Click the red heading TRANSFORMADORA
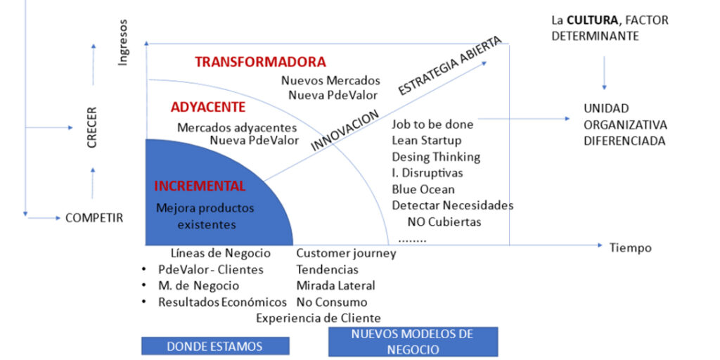point(260,62)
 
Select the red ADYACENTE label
point(208,107)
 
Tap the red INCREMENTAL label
point(200,186)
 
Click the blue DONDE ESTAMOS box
point(215,346)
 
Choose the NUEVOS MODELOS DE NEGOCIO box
point(413,341)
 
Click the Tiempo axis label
point(630,247)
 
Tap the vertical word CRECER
point(92,127)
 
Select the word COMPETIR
point(94,218)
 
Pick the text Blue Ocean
point(423,189)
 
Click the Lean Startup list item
point(426,141)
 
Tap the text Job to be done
point(432,124)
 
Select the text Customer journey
point(346,253)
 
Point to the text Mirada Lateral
point(335,285)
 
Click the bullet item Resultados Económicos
point(222,302)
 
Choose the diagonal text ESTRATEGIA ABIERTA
point(450,65)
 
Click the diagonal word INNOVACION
point(345,129)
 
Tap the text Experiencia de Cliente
point(318,319)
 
